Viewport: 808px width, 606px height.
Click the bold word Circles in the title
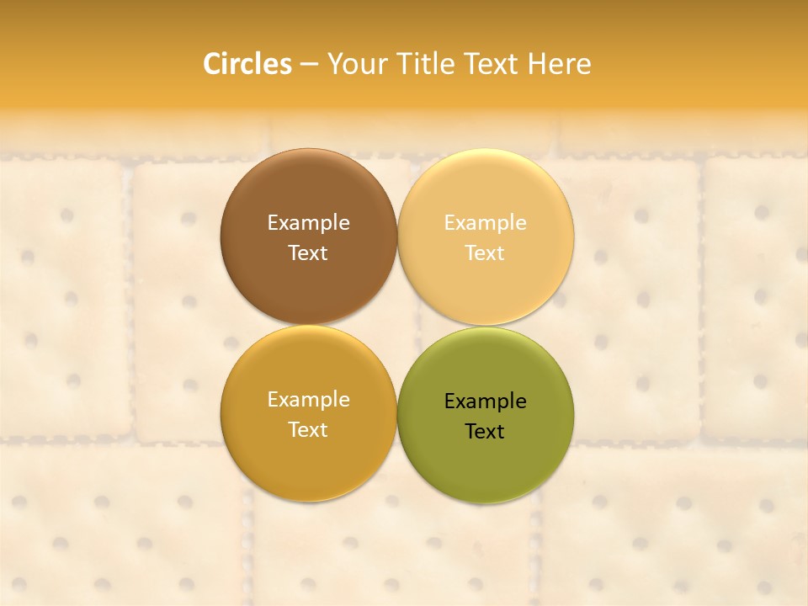(247, 64)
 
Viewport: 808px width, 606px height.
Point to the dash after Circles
(309, 65)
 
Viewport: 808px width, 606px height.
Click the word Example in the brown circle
(309, 223)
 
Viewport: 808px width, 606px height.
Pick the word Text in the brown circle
(308, 253)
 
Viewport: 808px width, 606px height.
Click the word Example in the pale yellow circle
(486, 223)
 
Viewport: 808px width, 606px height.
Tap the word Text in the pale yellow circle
(485, 253)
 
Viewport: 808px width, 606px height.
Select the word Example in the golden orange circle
(309, 400)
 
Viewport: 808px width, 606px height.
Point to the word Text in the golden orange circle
(308, 430)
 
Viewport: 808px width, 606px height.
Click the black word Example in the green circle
(486, 401)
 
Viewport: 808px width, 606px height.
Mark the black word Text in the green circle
(485, 432)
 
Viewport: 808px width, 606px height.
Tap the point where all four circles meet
(397, 326)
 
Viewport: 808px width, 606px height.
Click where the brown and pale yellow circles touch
(397, 237)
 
